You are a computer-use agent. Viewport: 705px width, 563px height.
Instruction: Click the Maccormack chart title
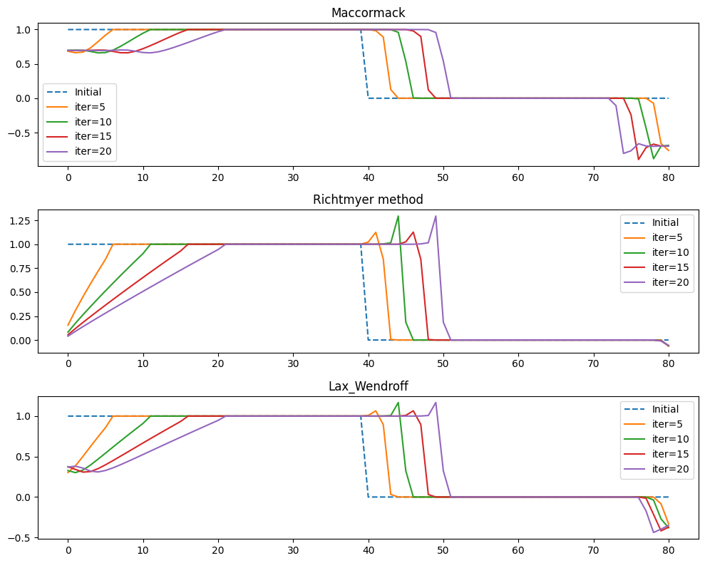click(x=368, y=13)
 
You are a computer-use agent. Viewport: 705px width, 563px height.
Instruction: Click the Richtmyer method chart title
click(x=368, y=200)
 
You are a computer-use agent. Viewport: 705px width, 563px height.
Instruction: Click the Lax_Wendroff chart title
click(x=368, y=386)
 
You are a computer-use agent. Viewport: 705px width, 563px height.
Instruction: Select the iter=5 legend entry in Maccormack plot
click(x=89, y=107)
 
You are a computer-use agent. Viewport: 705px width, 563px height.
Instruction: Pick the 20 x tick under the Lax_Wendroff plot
click(x=218, y=551)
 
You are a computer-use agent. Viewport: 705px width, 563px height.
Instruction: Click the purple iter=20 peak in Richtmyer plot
click(x=436, y=216)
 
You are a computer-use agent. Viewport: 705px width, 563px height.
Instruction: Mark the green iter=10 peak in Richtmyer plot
click(x=398, y=216)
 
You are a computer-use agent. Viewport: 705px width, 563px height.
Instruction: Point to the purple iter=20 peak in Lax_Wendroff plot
click(x=436, y=403)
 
